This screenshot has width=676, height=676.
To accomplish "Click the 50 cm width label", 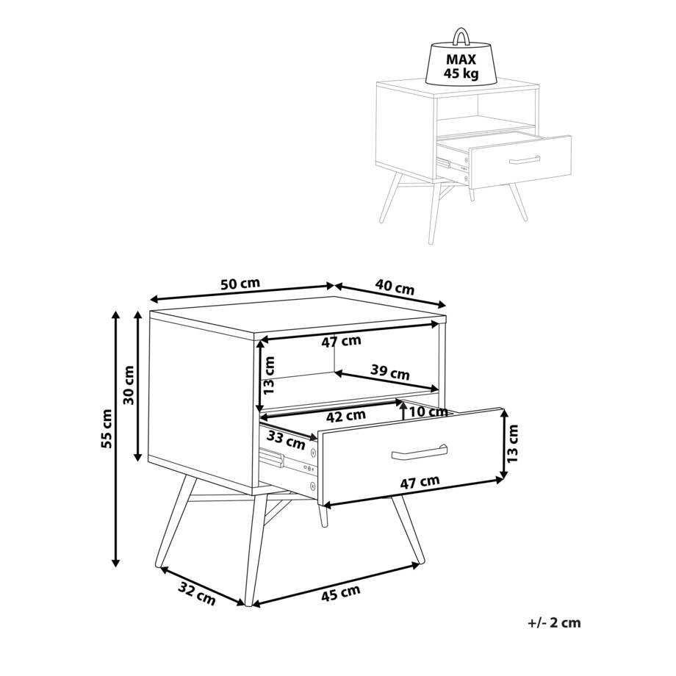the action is (x=240, y=284).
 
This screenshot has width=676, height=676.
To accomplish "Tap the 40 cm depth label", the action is (x=395, y=287).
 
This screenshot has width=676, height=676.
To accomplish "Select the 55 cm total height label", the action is (x=107, y=428).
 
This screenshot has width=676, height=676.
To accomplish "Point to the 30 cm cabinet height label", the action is (x=129, y=385).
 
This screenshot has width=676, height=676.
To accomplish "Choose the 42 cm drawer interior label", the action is (x=346, y=416).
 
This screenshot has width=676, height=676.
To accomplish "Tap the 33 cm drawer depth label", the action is (x=286, y=439).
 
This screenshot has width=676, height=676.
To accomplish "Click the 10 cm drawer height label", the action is (x=428, y=411).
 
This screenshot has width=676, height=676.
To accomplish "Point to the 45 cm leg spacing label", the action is (x=341, y=593).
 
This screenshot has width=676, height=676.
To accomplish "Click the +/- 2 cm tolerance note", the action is (x=554, y=622).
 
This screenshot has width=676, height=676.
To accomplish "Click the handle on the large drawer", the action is (x=419, y=452).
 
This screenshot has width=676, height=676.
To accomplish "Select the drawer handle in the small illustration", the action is (x=525, y=159).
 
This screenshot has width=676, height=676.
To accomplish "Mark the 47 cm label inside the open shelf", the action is (x=341, y=342).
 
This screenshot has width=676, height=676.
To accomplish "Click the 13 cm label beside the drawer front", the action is (x=512, y=444).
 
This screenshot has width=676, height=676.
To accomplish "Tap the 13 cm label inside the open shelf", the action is (x=268, y=375).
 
